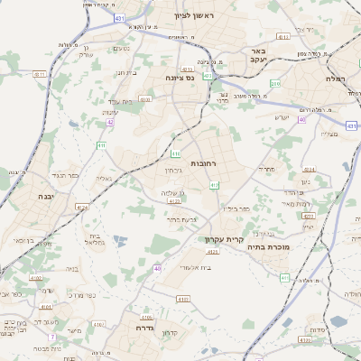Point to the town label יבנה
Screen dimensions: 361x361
46,195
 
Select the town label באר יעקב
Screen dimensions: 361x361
258,56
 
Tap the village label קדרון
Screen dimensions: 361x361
168,333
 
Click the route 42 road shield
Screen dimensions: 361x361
110,122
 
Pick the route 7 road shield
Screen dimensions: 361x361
52,337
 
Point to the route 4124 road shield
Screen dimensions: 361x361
82,208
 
